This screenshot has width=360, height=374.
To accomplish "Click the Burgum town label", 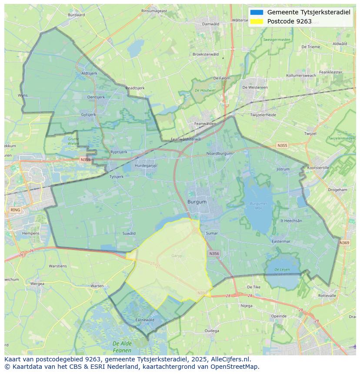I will [197, 202].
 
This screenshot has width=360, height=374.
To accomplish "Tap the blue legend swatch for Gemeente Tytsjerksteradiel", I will [257, 12].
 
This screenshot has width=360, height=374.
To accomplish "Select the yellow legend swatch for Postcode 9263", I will [257, 21].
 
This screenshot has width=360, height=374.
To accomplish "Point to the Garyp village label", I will [177, 256].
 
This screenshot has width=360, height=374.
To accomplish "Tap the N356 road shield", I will [213, 254].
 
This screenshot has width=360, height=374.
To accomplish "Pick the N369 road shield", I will [344, 242].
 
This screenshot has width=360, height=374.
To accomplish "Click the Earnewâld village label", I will [145, 320].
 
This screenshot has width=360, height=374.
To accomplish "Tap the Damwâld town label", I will [211, 24].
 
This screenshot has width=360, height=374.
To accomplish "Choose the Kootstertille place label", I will [318, 167].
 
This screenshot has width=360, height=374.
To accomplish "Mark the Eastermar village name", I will [280, 241].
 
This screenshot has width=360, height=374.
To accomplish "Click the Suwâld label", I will [129, 233].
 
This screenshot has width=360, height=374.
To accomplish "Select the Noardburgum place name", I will [219, 153].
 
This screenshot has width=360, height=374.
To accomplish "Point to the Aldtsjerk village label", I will [89, 73].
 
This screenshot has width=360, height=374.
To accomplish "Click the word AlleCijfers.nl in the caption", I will [229, 359].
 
